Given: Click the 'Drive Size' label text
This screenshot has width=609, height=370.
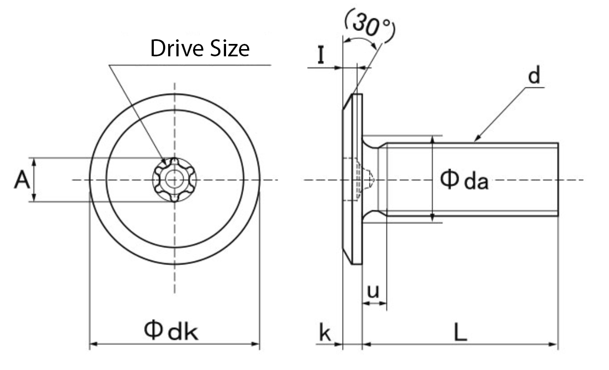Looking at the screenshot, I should coord(200,49).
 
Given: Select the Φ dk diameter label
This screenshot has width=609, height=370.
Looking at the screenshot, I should coord(171,331).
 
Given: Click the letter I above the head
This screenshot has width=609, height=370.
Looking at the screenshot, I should coord(320,55).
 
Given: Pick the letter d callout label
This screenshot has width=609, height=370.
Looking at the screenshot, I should coord(534,76).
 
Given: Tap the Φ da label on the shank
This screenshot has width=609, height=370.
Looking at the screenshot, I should coord(463,180).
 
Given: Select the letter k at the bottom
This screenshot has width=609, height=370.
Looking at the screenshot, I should coord(325,334).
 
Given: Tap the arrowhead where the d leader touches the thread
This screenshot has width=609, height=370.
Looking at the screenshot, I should coord(477,139).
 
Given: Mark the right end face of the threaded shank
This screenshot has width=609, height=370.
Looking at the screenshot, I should coord(557,179).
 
